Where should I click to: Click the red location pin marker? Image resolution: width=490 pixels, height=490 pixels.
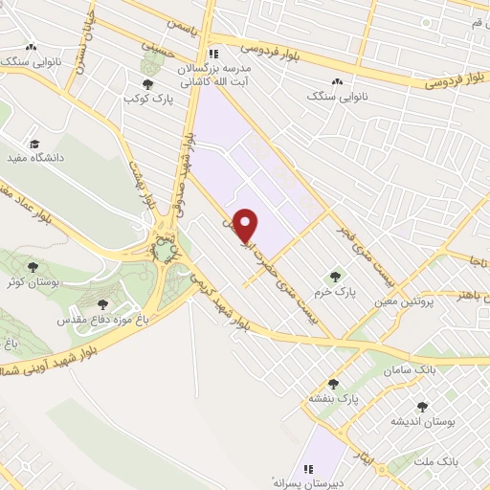pos(247,225)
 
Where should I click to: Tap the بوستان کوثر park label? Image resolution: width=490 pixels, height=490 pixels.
pos(33,283)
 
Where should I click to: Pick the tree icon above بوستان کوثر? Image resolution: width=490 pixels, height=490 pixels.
pos(33,267)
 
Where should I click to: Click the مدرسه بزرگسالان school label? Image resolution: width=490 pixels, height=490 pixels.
pos(216,70)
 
